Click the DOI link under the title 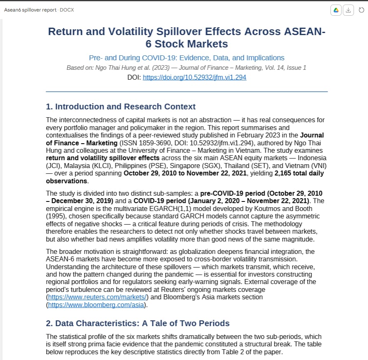[x=194, y=77]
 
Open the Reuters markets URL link [x=98, y=297]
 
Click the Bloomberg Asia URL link [x=96, y=305]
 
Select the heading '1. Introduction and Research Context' [x=120, y=107]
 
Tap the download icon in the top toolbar [x=349, y=10]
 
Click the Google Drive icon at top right [x=336, y=10]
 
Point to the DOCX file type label [x=67, y=10]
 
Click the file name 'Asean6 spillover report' [x=30, y=10]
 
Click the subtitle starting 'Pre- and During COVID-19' [x=186, y=58]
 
